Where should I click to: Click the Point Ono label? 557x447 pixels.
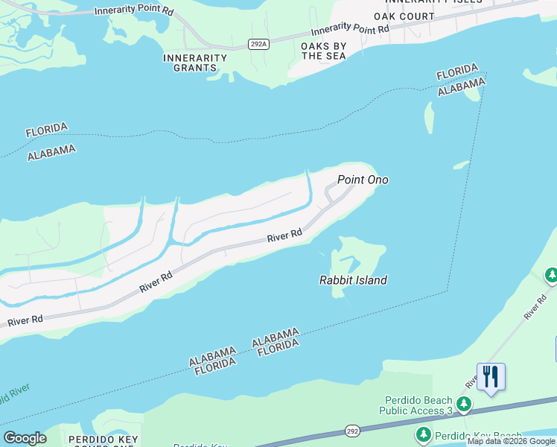(x=363, y=180)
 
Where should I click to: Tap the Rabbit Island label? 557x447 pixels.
(x=353, y=280)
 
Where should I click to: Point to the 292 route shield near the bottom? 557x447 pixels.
(x=354, y=431)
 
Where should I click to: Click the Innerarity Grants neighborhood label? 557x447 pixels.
(x=196, y=63)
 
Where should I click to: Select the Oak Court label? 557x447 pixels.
(x=404, y=16)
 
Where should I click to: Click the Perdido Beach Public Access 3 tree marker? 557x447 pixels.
(x=464, y=405)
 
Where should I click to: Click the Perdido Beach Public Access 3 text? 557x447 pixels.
(x=416, y=405)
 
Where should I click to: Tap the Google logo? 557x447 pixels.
(x=25, y=438)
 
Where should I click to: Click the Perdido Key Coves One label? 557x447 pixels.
(x=101, y=440)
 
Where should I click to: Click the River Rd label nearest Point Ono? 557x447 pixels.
(x=284, y=235)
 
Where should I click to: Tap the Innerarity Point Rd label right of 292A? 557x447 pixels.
(x=350, y=31)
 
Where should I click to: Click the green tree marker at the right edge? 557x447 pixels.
(x=552, y=276)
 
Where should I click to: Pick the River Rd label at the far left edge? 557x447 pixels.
(x=25, y=320)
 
